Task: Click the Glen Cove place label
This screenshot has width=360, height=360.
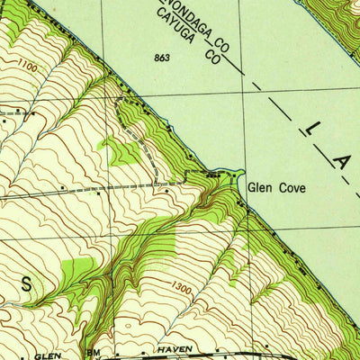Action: (276, 188)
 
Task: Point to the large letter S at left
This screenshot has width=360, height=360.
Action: (26, 284)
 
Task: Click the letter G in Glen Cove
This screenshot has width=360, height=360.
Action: (253, 188)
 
